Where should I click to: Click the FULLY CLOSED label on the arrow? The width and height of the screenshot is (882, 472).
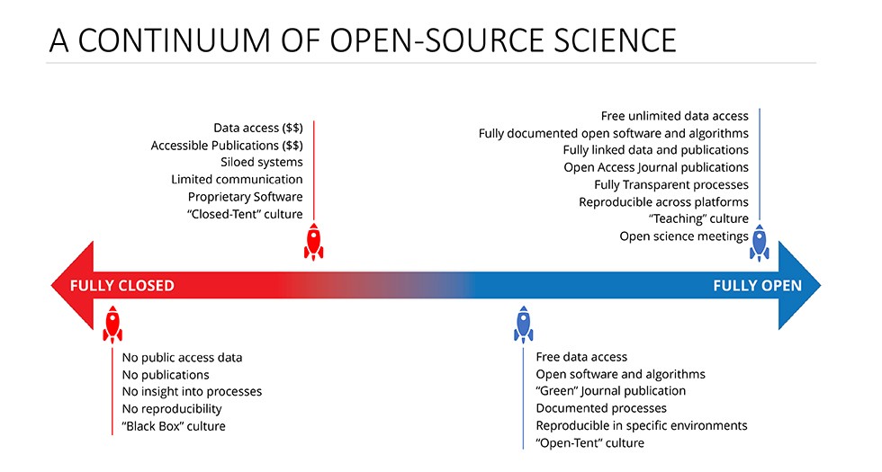point(122,287)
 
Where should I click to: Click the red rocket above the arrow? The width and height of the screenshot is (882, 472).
point(313,241)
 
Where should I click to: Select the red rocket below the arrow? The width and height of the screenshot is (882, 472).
point(112,325)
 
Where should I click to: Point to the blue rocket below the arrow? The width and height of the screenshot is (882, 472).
point(523,325)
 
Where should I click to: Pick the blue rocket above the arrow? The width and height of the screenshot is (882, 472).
point(760,242)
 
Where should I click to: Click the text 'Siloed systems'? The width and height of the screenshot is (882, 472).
point(262,162)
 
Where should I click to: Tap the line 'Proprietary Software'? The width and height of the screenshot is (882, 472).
point(246,196)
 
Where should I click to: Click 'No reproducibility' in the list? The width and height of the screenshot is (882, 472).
point(172,408)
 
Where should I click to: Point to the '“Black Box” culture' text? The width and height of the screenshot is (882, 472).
point(174,425)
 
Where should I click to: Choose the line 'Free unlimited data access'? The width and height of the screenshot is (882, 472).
point(675,116)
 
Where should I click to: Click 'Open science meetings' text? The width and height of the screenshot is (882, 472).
point(684,236)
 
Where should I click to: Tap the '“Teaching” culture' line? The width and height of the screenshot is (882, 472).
point(698,218)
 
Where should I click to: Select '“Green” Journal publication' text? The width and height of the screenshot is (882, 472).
point(611,391)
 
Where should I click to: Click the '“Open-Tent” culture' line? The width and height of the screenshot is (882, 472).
point(590,442)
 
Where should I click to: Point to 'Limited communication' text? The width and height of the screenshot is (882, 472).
point(238,179)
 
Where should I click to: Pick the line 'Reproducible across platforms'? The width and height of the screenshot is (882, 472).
point(664,201)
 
